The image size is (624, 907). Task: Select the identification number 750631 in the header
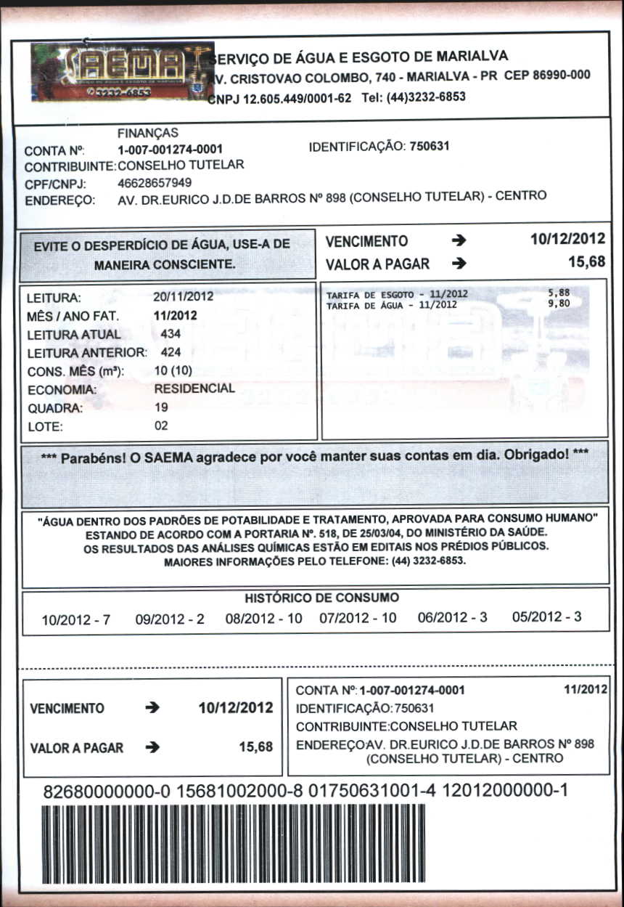[x=430, y=146]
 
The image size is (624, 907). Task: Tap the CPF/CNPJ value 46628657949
[x=155, y=182]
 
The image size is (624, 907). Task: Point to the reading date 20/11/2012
[x=183, y=297]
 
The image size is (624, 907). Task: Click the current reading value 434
[x=171, y=334]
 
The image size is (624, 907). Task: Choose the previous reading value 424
[x=171, y=352]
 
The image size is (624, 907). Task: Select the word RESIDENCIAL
[x=194, y=389]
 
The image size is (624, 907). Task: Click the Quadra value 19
[x=161, y=407]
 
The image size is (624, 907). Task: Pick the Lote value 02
[x=161, y=426]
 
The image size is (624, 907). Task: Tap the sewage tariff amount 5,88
[x=559, y=293]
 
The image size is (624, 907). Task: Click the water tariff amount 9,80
[x=559, y=304]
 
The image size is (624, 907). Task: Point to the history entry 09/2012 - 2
[x=170, y=619]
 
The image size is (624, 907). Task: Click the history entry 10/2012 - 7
[x=76, y=620]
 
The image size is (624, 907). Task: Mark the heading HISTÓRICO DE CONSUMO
[x=321, y=598]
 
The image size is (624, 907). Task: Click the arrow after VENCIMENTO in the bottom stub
[x=152, y=708]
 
